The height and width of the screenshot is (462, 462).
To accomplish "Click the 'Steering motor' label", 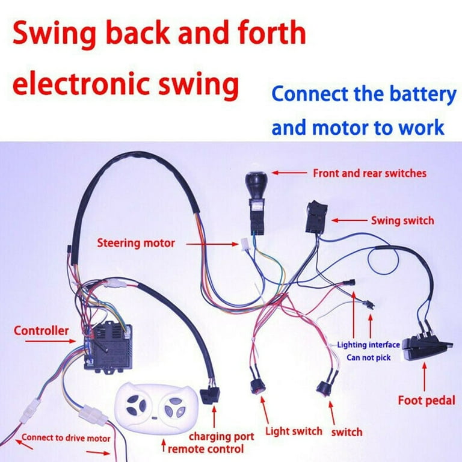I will (x=136, y=243).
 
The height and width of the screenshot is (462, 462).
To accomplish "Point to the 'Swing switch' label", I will (x=402, y=220).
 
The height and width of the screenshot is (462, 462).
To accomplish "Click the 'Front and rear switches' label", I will (x=369, y=173).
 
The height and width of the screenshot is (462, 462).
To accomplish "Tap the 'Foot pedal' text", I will (x=427, y=399).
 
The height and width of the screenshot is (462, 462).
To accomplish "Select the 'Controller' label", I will (x=41, y=330).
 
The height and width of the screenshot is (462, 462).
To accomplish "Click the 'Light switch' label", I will (x=294, y=431).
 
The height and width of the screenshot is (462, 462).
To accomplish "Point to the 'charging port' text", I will (x=221, y=436).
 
